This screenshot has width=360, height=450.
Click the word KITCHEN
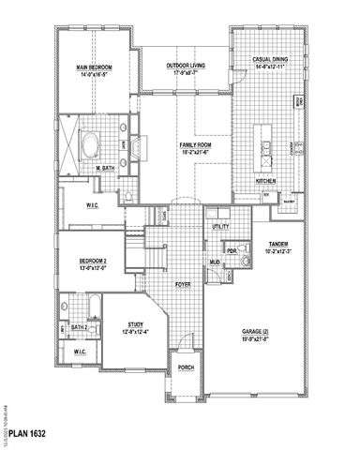[x=266, y=182]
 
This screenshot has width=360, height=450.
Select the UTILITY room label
[x=220, y=226]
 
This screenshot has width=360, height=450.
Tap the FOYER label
[x=185, y=281]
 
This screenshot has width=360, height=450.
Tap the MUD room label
[x=215, y=262]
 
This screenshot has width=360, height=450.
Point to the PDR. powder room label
[x=231, y=252]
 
